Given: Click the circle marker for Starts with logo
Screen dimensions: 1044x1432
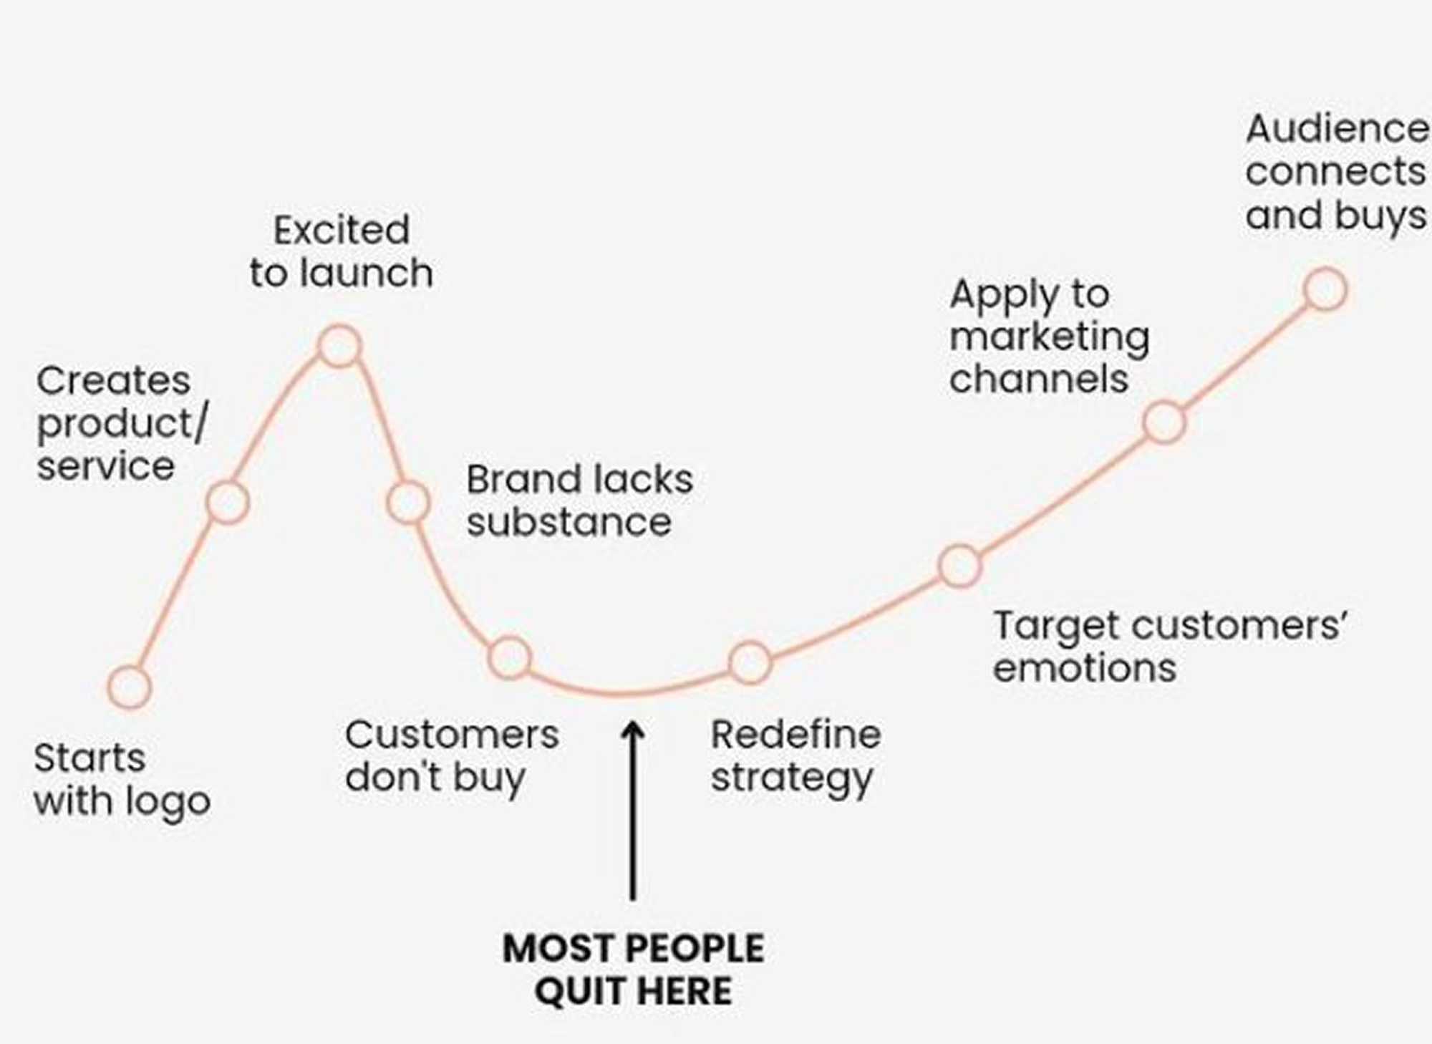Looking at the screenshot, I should click(x=130, y=687).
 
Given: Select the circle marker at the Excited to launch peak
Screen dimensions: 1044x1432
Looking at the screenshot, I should click(x=339, y=346).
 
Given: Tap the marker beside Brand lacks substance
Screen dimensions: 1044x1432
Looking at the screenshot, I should click(x=408, y=502).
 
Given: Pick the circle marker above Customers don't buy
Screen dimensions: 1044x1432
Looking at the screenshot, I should click(x=510, y=657).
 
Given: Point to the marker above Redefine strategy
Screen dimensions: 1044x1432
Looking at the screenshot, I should click(x=750, y=662).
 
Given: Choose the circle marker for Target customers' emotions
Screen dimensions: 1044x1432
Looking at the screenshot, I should click(x=959, y=565).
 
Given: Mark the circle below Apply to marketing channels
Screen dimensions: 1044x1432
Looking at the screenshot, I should click(x=1164, y=422).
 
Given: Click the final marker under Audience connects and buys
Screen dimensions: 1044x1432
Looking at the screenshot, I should click(x=1325, y=290).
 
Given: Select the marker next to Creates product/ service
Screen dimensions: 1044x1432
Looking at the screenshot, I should click(x=227, y=502).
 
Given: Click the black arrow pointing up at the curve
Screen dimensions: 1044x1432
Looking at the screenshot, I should click(x=632, y=809).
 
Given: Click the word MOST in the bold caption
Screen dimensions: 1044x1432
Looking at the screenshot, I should click(x=548, y=949).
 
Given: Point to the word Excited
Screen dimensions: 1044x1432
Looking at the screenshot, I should click(x=342, y=231).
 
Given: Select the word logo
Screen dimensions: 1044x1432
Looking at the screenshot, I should click(x=168, y=802).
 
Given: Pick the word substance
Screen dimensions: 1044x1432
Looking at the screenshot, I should click(x=569, y=522).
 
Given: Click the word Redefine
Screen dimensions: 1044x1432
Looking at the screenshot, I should click(x=795, y=735).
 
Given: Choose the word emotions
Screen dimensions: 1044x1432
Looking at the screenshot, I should click(x=1085, y=668).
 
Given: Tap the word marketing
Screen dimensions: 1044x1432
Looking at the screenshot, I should click(x=1050, y=337).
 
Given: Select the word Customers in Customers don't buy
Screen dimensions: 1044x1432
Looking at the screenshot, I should click(x=452, y=735).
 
